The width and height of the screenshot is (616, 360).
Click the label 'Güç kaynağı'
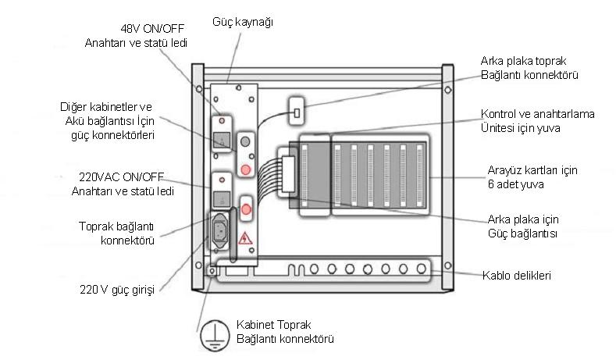tap(243, 22)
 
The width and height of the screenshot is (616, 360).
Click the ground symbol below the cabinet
tap(208, 334)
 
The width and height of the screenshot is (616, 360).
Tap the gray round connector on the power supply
tap(246, 143)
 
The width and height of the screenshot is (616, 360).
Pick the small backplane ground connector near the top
tap(297, 112)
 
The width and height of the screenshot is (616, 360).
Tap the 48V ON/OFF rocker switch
tap(222, 141)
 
